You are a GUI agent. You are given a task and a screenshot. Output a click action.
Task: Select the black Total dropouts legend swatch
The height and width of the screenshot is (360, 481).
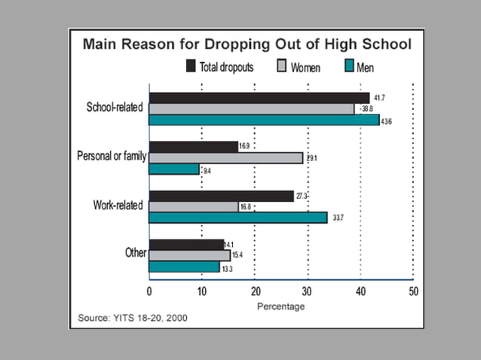click(191, 66)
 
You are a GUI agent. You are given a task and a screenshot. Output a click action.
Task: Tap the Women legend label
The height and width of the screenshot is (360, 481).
click(305, 67)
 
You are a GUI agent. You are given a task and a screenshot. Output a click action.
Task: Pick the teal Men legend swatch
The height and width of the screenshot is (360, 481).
click(350, 66)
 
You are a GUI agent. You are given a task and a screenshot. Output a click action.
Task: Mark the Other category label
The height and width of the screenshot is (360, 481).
click(136, 252)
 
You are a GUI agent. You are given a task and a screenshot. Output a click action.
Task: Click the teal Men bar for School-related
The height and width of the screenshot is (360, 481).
click(264, 120)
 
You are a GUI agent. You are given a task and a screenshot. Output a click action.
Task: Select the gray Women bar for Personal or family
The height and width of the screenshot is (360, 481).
click(225, 158)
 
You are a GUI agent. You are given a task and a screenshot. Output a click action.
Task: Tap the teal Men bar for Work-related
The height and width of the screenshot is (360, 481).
click(238, 218)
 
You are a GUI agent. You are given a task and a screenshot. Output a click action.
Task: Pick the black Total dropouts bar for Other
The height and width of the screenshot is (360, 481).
click(186, 244)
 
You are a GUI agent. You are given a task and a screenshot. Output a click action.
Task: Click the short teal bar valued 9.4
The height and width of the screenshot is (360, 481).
click(174, 169)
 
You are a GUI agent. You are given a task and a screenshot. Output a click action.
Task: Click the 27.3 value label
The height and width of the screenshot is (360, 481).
click(303, 196)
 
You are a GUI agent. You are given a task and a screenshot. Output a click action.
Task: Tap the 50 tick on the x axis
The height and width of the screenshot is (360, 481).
click(412, 291)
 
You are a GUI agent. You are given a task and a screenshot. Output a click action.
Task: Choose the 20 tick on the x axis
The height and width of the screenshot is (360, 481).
click(256, 291)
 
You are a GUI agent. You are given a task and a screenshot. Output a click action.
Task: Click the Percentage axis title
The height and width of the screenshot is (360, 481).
click(280, 307)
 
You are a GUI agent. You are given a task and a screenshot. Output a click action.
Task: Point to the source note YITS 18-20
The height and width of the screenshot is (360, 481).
click(133, 318)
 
